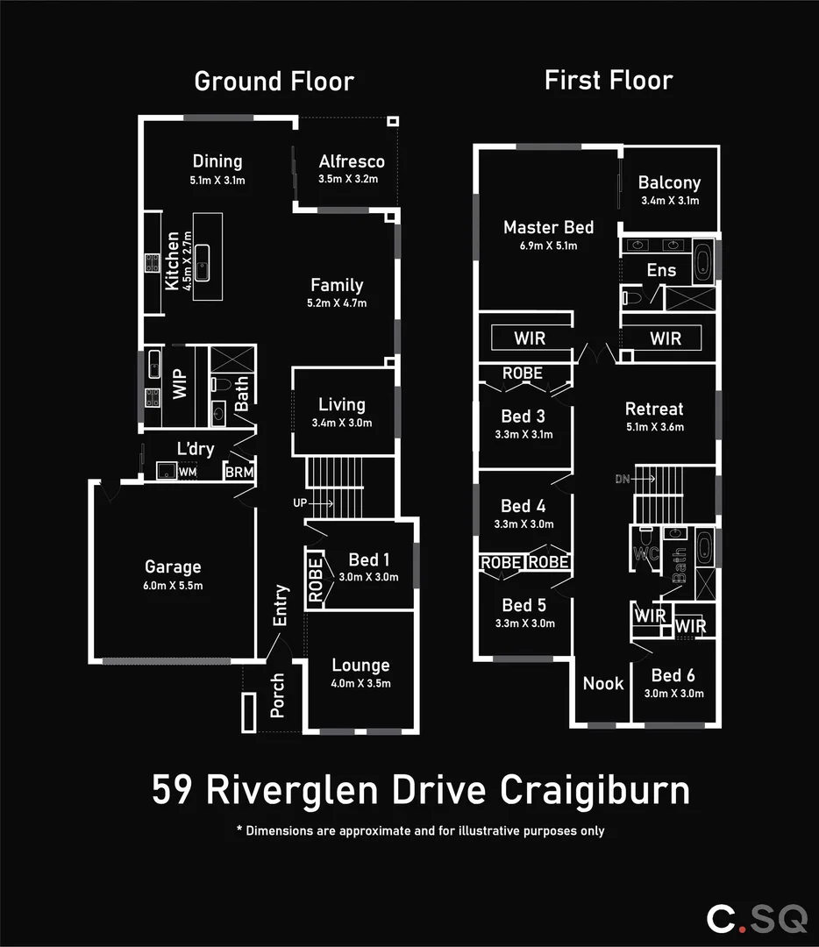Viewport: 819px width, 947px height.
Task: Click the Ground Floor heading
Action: [x=274, y=82]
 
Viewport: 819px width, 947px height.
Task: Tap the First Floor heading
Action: [x=608, y=81]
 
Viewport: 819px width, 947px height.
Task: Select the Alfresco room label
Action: [x=352, y=161]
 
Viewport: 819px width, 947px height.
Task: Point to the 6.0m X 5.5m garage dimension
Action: [x=173, y=585]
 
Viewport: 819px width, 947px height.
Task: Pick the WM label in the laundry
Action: [x=188, y=473]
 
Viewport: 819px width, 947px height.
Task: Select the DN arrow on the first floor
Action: [x=636, y=479]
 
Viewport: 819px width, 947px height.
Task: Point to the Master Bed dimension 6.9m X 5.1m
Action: [x=548, y=246]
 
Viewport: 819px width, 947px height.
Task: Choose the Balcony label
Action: [x=669, y=182]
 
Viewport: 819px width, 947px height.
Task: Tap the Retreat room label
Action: [x=653, y=409]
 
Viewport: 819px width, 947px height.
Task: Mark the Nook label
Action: [x=603, y=683]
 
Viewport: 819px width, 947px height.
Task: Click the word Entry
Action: [x=281, y=605]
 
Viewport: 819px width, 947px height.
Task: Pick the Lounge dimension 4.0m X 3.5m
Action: [x=360, y=684]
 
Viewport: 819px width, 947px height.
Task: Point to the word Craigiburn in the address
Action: [x=595, y=790]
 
